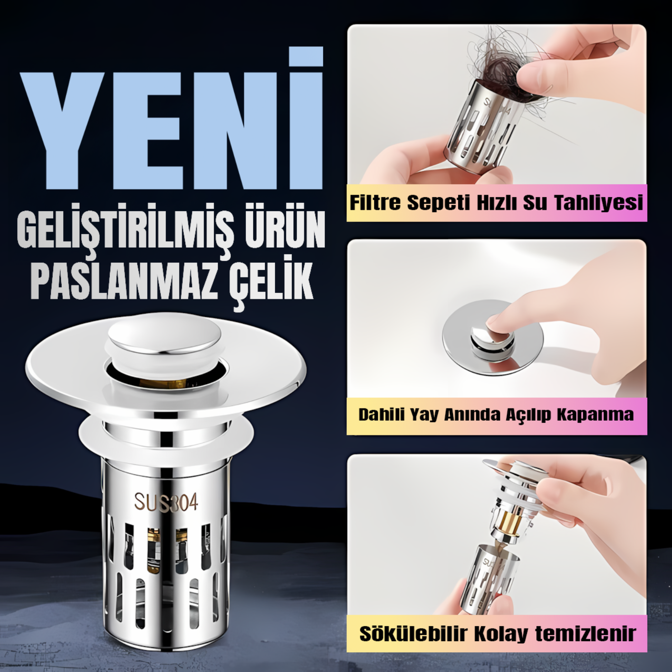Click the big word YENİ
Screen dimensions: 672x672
pos(172,118)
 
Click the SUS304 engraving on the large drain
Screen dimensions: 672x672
pos(166,502)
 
